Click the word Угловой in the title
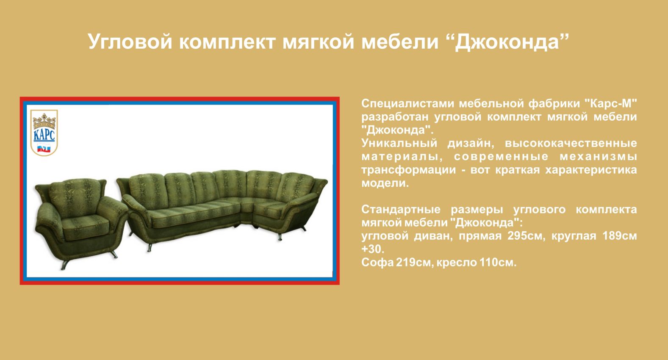tap(130, 42)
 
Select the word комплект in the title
tap(227, 42)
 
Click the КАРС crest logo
tap(44, 133)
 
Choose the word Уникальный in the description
tap(399, 144)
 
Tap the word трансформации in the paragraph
tap(409, 170)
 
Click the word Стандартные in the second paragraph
tap(401, 210)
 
